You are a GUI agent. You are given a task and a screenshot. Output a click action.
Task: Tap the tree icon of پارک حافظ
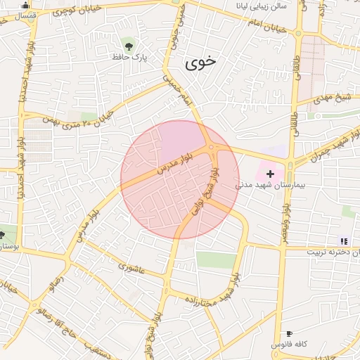point(127,44)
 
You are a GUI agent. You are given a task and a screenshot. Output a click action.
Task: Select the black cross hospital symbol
point(270,173)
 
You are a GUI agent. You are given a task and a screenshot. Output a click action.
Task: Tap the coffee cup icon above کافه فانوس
point(289,333)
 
